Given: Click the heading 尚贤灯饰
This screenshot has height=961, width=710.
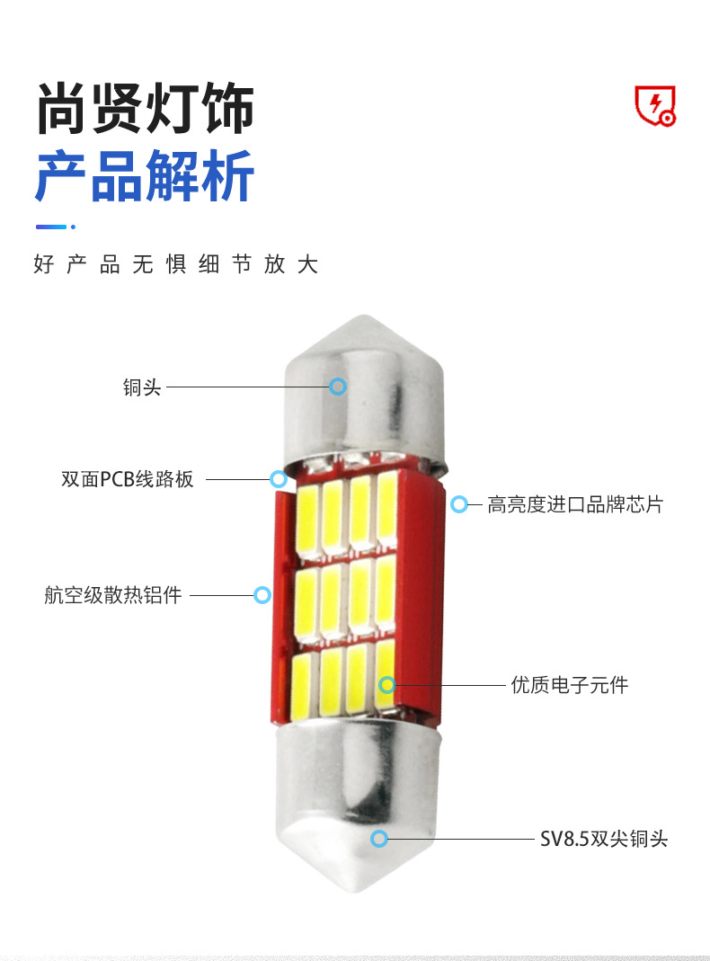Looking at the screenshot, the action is (145, 110).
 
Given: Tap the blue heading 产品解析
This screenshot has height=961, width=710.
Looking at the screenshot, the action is (145, 175).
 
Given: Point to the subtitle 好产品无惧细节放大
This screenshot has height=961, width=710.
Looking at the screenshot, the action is (176, 264).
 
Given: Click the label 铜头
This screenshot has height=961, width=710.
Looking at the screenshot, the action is (141, 387).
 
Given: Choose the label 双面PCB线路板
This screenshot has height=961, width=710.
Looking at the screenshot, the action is (128, 479).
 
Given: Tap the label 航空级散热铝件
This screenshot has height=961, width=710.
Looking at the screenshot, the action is (112, 595).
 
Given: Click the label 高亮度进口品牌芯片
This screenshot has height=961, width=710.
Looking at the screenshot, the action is (574, 504).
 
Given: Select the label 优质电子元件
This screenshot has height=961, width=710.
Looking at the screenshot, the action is (569, 685).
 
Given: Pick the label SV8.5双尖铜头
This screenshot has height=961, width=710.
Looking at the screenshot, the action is (604, 840).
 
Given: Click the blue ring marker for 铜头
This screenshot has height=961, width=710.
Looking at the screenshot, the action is (338, 387).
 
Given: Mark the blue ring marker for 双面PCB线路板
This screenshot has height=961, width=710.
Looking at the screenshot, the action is (279, 479).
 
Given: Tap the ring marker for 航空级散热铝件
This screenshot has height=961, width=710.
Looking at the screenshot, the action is (262, 595).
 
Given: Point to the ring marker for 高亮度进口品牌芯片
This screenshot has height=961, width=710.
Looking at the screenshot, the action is (458, 504).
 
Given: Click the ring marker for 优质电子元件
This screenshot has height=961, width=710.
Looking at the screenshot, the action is (386, 685).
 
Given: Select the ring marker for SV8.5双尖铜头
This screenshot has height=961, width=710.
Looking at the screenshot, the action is (379, 840).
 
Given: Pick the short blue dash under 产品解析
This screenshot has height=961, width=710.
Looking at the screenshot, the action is (51, 227).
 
